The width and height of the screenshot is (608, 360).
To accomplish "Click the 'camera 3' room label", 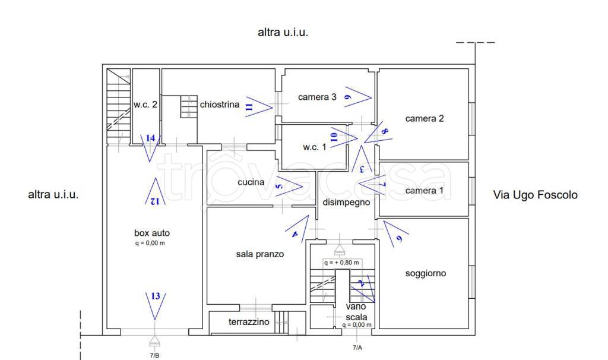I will (317, 97).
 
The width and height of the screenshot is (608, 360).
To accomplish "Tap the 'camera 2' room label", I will (425, 118).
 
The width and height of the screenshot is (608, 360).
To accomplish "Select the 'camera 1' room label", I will (424, 191).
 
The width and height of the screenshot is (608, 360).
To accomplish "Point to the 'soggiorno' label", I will (425, 274).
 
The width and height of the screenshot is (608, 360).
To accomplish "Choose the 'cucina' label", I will (251, 182).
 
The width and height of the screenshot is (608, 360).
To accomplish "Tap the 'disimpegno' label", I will (346, 203).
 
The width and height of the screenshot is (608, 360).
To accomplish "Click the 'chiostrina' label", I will (220, 105).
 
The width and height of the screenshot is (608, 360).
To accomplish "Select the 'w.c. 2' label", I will (145, 105).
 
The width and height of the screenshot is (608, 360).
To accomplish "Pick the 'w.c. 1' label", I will (314, 147).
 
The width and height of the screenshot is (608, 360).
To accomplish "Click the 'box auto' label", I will (152, 233).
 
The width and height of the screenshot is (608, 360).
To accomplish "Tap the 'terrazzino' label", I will (249, 322).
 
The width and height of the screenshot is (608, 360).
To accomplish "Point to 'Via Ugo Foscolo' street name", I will (535, 194).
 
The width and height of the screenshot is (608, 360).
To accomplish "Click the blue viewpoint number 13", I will (156, 296).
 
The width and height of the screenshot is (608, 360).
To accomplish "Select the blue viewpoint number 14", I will (151, 138).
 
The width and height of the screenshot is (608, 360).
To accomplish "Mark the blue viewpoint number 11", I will (249, 106).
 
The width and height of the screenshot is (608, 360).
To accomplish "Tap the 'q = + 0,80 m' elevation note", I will (341, 262).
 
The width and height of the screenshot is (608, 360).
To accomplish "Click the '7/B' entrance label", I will (154, 355).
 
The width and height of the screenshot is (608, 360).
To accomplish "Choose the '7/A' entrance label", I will (357, 347).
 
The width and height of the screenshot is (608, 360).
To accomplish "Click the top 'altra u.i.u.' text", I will (283, 33).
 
